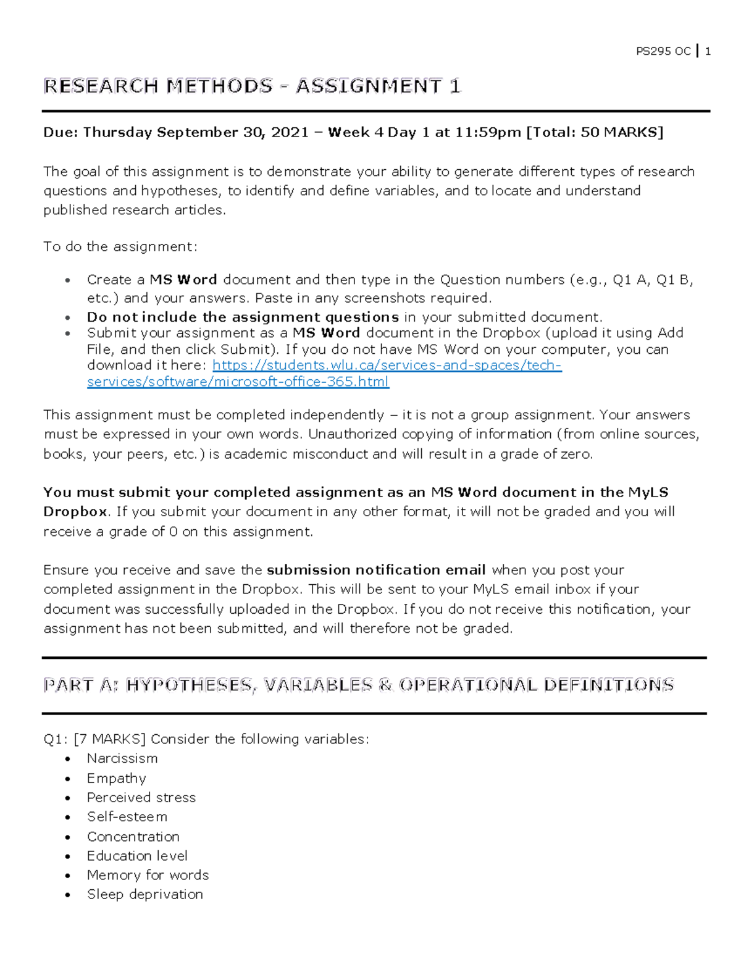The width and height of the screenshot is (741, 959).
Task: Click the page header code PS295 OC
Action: click(x=663, y=52)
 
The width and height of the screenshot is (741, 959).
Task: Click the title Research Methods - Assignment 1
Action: click(x=252, y=86)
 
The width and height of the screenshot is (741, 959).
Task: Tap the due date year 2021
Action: click(x=290, y=132)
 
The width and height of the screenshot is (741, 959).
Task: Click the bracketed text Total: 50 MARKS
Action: click(x=594, y=132)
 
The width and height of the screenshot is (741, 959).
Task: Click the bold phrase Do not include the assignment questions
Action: click(x=243, y=317)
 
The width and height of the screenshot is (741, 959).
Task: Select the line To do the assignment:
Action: click(x=120, y=247)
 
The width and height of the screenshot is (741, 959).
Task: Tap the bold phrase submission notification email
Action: click(x=376, y=570)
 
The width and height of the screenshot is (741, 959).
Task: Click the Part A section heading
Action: click(x=358, y=685)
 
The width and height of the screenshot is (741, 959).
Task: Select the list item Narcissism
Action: click(x=122, y=758)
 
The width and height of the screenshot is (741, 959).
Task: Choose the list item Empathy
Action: click(x=117, y=778)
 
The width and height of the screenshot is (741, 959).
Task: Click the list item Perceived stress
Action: click(x=141, y=798)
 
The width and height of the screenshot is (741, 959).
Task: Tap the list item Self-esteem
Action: click(x=127, y=817)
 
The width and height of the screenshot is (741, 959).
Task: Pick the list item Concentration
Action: click(x=133, y=837)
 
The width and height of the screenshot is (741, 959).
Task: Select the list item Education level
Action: click(x=137, y=856)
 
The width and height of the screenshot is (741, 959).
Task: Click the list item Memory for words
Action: click(x=148, y=875)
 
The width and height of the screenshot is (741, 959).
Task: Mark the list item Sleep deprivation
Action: click(x=145, y=894)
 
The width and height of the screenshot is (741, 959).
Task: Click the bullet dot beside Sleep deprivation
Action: click(x=68, y=895)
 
